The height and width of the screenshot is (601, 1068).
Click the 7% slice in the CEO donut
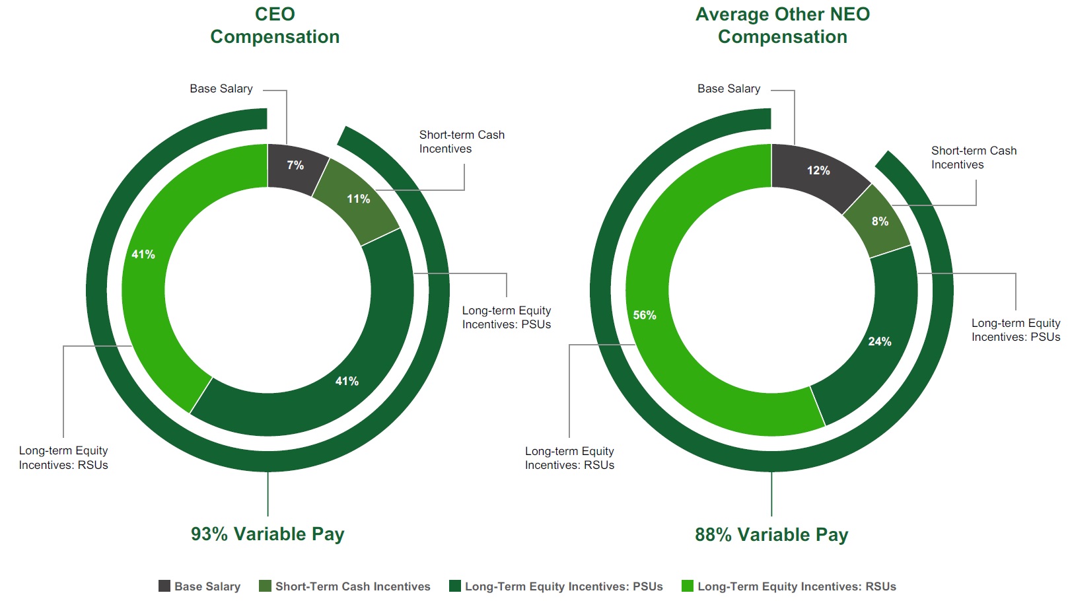295,166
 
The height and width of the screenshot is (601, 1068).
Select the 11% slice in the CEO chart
358,199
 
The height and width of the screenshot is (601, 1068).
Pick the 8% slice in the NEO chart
880,221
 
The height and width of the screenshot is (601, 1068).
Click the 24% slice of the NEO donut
879,341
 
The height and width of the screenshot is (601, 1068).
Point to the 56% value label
645,315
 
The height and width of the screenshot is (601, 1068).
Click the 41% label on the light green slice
143,254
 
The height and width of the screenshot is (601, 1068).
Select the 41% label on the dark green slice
347,381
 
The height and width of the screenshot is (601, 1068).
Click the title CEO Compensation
275,25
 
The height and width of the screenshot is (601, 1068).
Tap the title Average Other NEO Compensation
783,25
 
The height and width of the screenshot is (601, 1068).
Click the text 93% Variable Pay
267,534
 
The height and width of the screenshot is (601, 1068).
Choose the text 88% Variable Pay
771,534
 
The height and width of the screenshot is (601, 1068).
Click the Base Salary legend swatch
164,586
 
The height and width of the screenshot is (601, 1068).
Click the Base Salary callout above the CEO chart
221,88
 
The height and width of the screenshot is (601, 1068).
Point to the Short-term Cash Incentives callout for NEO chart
974,158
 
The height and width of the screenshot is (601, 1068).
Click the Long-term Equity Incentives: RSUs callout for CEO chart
63,458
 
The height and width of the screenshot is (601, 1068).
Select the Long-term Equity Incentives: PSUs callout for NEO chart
1015,330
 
